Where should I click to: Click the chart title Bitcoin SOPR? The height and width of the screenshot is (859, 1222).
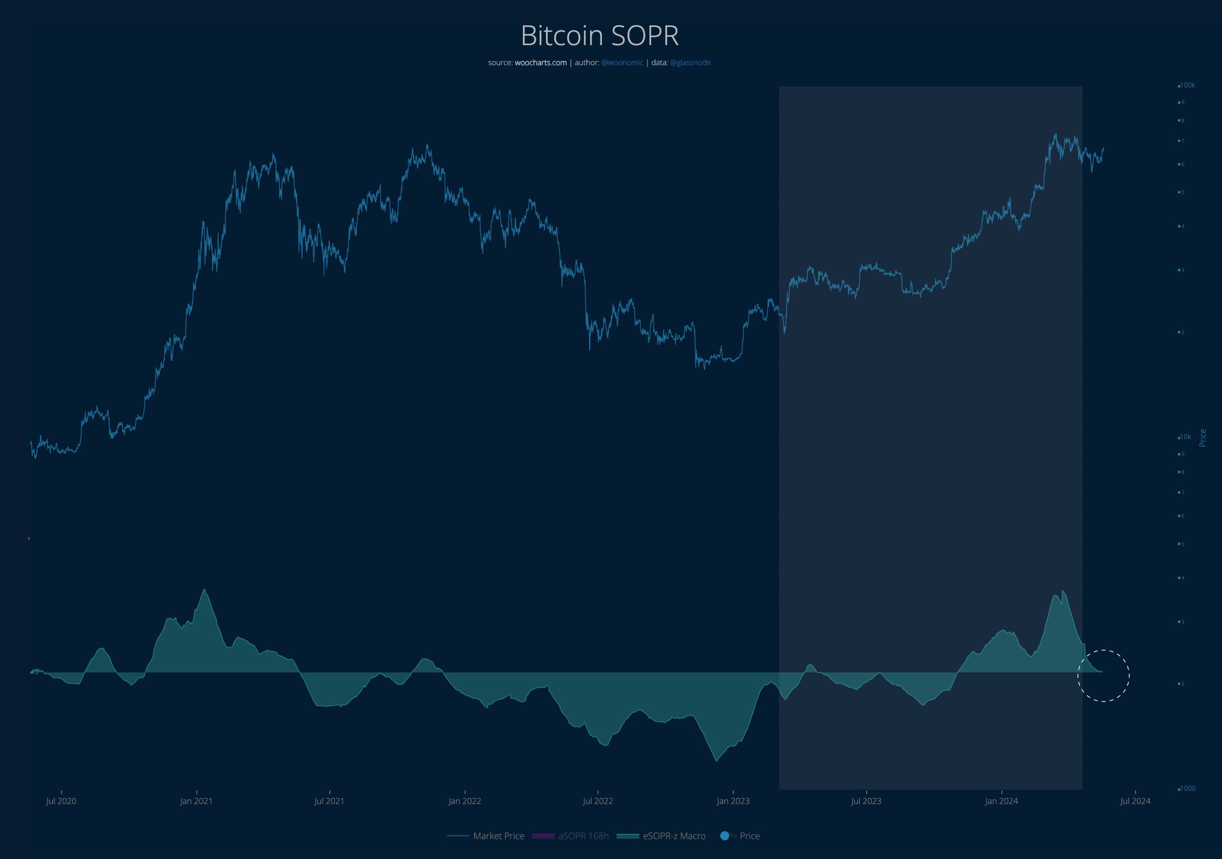pyautogui.click(x=599, y=35)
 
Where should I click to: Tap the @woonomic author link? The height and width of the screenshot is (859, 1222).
pyautogui.click(x=622, y=63)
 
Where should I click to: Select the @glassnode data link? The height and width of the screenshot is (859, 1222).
pyautogui.click(x=690, y=63)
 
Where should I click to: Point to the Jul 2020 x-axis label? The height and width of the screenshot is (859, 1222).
pyautogui.click(x=61, y=801)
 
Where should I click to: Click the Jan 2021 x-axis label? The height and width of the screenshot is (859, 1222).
pyautogui.click(x=196, y=801)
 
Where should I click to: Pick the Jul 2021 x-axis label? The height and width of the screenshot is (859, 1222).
pyautogui.click(x=329, y=801)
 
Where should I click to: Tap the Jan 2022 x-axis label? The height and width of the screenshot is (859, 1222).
pyautogui.click(x=464, y=801)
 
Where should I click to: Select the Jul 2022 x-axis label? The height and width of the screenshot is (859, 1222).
pyautogui.click(x=597, y=801)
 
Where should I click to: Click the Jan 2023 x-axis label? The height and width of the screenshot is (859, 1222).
pyautogui.click(x=732, y=801)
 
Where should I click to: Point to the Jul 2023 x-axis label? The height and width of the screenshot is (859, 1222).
pyautogui.click(x=865, y=801)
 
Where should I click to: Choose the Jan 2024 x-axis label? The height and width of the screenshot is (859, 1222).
pyautogui.click(x=1001, y=801)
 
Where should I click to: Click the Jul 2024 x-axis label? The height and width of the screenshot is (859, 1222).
pyautogui.click(x=1135, y=801)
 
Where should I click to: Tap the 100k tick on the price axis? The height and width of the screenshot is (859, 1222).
pyautogui.click(x=1187, y=85)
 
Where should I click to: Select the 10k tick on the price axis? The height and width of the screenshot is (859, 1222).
pyautogui.click(x=1185, y=437)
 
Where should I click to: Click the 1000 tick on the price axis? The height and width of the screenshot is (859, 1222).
pyautogui.click(x=1187, y=788)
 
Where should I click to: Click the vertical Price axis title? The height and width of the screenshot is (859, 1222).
pyautogui.click(x=1202, y=438)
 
